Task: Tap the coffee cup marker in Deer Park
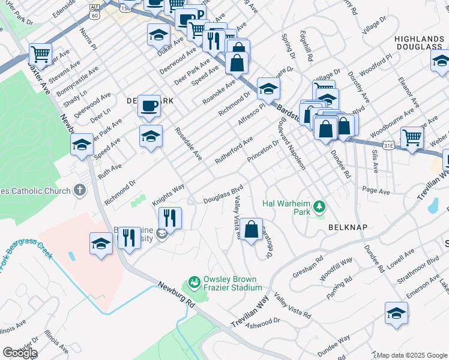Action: pos(149,107)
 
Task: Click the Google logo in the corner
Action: pos(20,353)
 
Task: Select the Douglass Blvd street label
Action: pos(223,193)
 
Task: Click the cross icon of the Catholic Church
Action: pos(80,191)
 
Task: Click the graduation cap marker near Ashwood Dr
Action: pos(396,314)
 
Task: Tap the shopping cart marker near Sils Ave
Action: pos(412,138)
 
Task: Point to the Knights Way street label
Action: pos(167,196)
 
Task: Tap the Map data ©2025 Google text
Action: pos(412,355)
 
